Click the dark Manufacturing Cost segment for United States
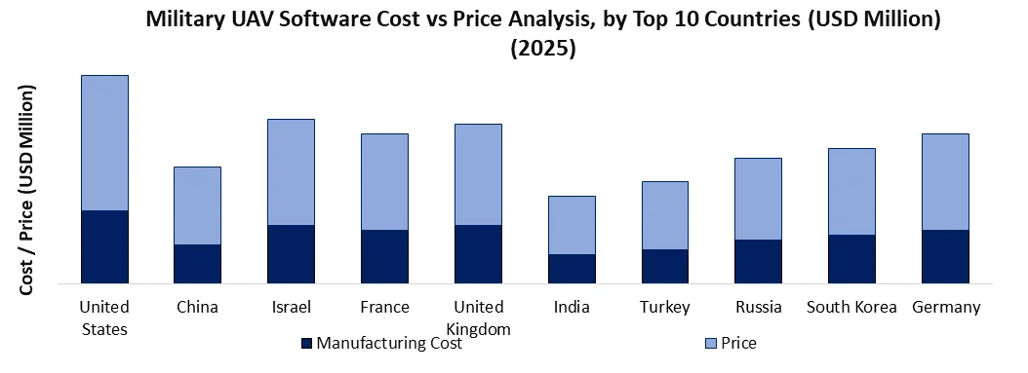(x=104, y=246)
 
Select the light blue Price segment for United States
(x=104, y=142)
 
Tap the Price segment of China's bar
(x=197, y=205)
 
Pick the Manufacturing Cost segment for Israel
(x=291, y=254)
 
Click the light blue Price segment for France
(x=384, y=181)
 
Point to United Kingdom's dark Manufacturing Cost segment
(x=478, y=254)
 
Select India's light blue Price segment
(x=572, y=225)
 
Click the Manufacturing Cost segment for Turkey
(x=665, y=266)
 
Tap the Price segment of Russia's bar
(x=758, y=199)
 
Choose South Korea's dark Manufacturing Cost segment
(x=851, y=259)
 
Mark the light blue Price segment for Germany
(x=945, y=181)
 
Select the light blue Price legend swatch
(x=711, y=343)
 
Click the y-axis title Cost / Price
(x=30, y=190)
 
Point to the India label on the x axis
(x=572, y=308)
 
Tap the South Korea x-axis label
(x=851, y=308)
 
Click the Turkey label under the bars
(x=665, y=308)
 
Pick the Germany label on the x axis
(x=945, y=308)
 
